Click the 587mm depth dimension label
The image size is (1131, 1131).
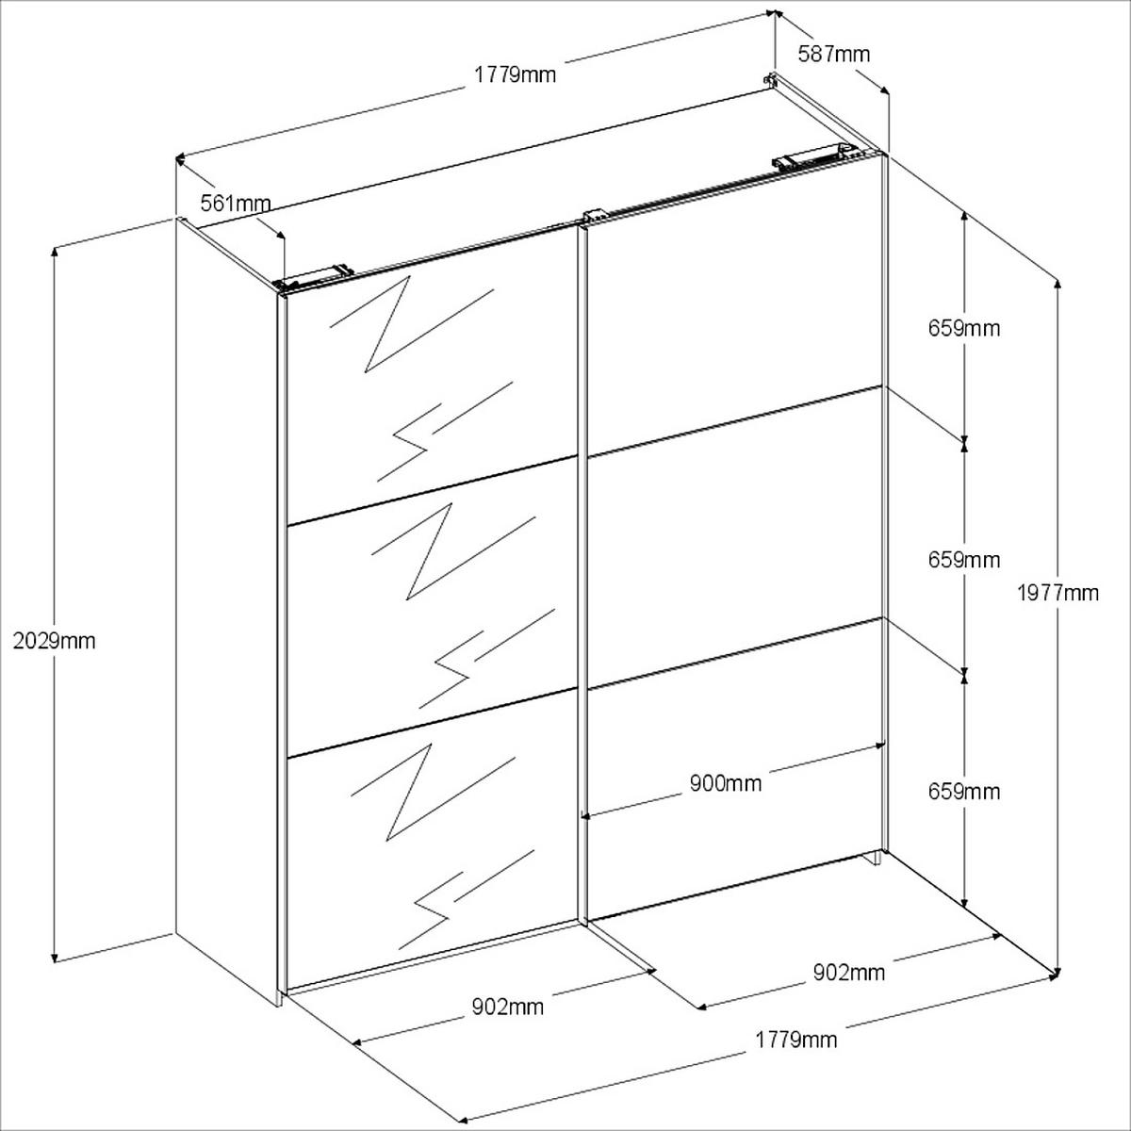point(833,54)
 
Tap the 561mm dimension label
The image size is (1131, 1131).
point(236,203)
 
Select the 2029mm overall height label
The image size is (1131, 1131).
point(55,641)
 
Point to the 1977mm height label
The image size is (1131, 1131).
point(1057,593)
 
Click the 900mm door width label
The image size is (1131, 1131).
point(725,782)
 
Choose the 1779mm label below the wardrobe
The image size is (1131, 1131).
point(795,1040)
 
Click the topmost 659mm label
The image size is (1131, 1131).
point(963,328)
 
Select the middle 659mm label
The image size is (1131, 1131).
point(963,559)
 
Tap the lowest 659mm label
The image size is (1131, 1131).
point(963,791)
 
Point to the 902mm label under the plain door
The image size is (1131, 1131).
point(848,972)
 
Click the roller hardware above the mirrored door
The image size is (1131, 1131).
point(316,275)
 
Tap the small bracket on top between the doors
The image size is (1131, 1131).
point(592,216)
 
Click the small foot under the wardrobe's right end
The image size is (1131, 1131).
point(876,857)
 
